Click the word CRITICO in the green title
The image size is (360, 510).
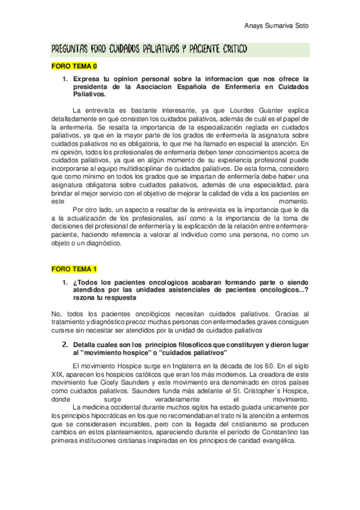coord(227,49)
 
